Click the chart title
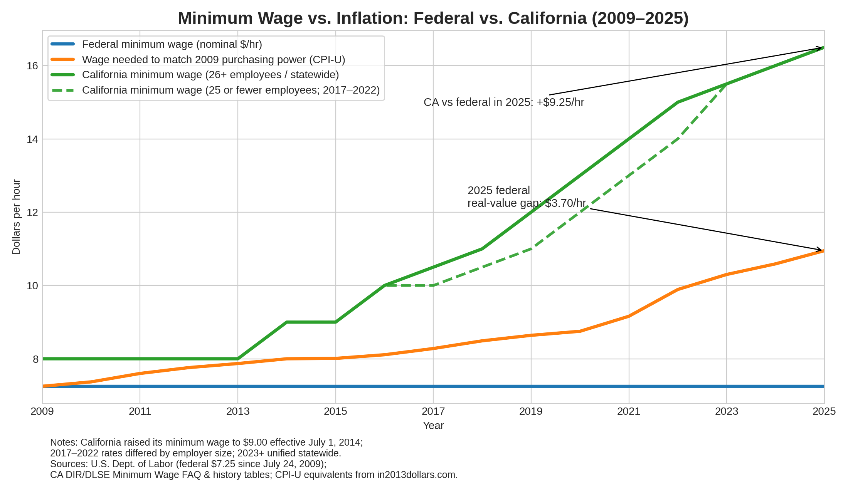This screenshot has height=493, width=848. [x=433, y=18]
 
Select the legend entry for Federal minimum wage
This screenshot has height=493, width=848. [x=172, y=44]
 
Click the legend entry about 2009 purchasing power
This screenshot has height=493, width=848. [x=214, y=60]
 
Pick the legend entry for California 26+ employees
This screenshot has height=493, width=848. [x=210, y=75]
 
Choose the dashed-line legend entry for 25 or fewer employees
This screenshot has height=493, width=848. [x=231, y=90]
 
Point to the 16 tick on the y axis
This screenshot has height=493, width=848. [x=32, y=66]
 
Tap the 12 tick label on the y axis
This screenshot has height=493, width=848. [x=32, y=212]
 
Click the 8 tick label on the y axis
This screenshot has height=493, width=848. [x=35, y=359]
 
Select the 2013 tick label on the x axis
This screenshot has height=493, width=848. [x=238, y=412]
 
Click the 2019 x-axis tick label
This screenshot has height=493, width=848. [x=531, y=412]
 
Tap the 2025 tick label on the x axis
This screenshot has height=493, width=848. [x=824, y=412]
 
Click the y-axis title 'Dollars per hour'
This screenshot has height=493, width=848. [x=16, y=217]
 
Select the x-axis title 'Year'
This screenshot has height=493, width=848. [x=433, y=426]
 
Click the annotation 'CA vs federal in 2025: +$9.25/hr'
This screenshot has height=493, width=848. [x=504, y=102]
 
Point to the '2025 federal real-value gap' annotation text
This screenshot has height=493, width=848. [x=527, y=197]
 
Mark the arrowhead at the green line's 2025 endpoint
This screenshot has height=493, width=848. [x=821, y=48]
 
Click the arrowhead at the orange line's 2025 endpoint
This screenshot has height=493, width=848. [x=821, y=250]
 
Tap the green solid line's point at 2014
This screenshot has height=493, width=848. [x=287, y=322]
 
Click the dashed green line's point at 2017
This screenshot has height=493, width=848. [x=433, y=285]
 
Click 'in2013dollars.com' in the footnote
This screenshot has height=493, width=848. [x=416, y=475]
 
